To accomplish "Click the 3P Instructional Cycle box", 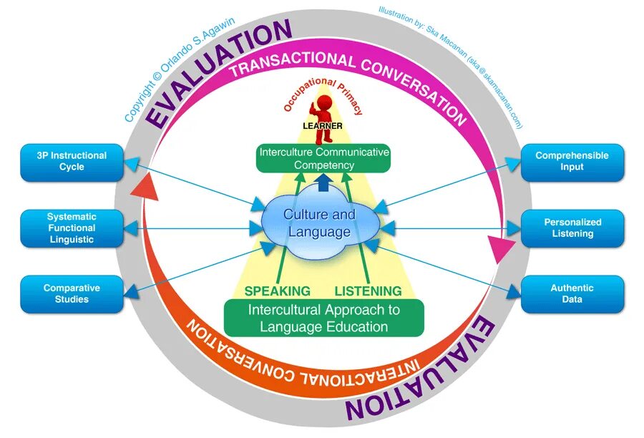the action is [x=72, y=161].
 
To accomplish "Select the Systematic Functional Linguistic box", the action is [x=72, y=228].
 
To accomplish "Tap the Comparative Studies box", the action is [x=72, y=293].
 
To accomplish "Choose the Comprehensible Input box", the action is [x=572, y=161].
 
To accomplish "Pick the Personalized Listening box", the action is [x=572, y=228].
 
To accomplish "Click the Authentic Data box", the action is [x=572, y=293].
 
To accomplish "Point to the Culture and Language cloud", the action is [x=319, y=223].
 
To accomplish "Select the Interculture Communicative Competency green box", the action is [x=324, y=158].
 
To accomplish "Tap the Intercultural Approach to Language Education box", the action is [x=324, y=318].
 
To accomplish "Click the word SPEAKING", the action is [x=277, y=291].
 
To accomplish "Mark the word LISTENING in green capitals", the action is [x=368, y=291].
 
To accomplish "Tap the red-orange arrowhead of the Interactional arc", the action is [x=145, y=188].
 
